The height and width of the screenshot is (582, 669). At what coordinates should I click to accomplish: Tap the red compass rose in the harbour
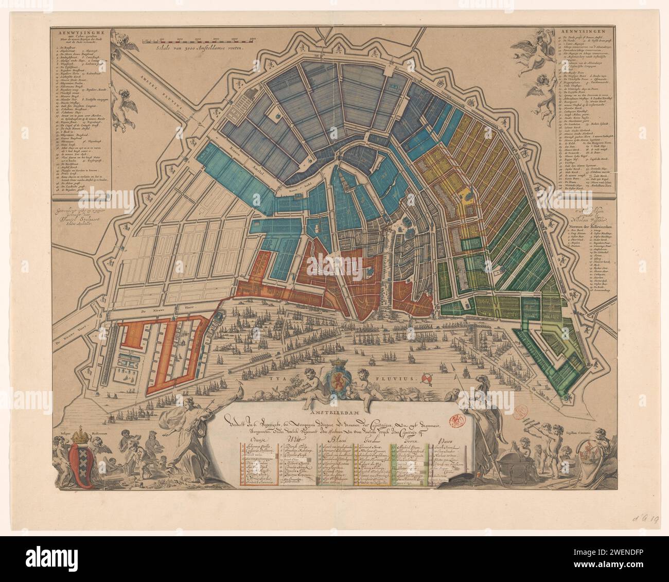tap(427, 378)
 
